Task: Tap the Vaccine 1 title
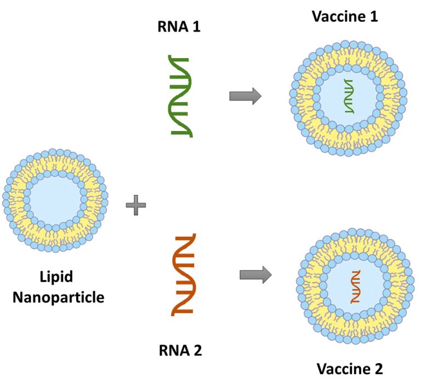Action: click(345, 16)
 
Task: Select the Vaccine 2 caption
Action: click(349, 369)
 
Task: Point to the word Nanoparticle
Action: click(59, 298)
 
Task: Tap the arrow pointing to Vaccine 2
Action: click(255, 274)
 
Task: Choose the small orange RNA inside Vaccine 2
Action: click(356, 288)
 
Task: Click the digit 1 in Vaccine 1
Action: click(374, 16)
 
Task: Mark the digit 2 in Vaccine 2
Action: click(378, 369)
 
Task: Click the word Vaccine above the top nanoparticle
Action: click(339, 16)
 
